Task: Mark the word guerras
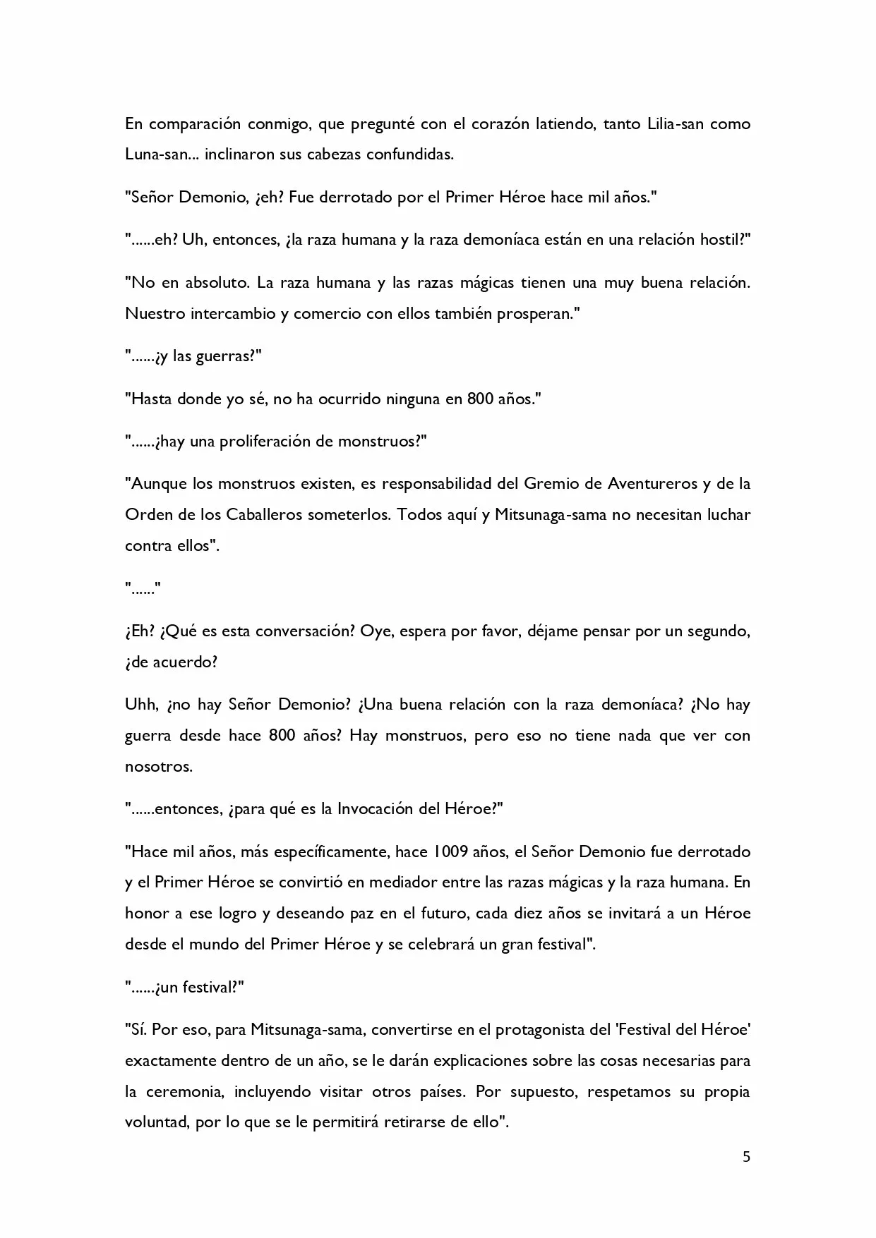[x=224, y=356]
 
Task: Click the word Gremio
[x=552, y=484]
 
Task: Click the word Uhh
[x=140, y=705]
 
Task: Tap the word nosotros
[x=158, y=766]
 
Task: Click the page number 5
[x=746, y=1157]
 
